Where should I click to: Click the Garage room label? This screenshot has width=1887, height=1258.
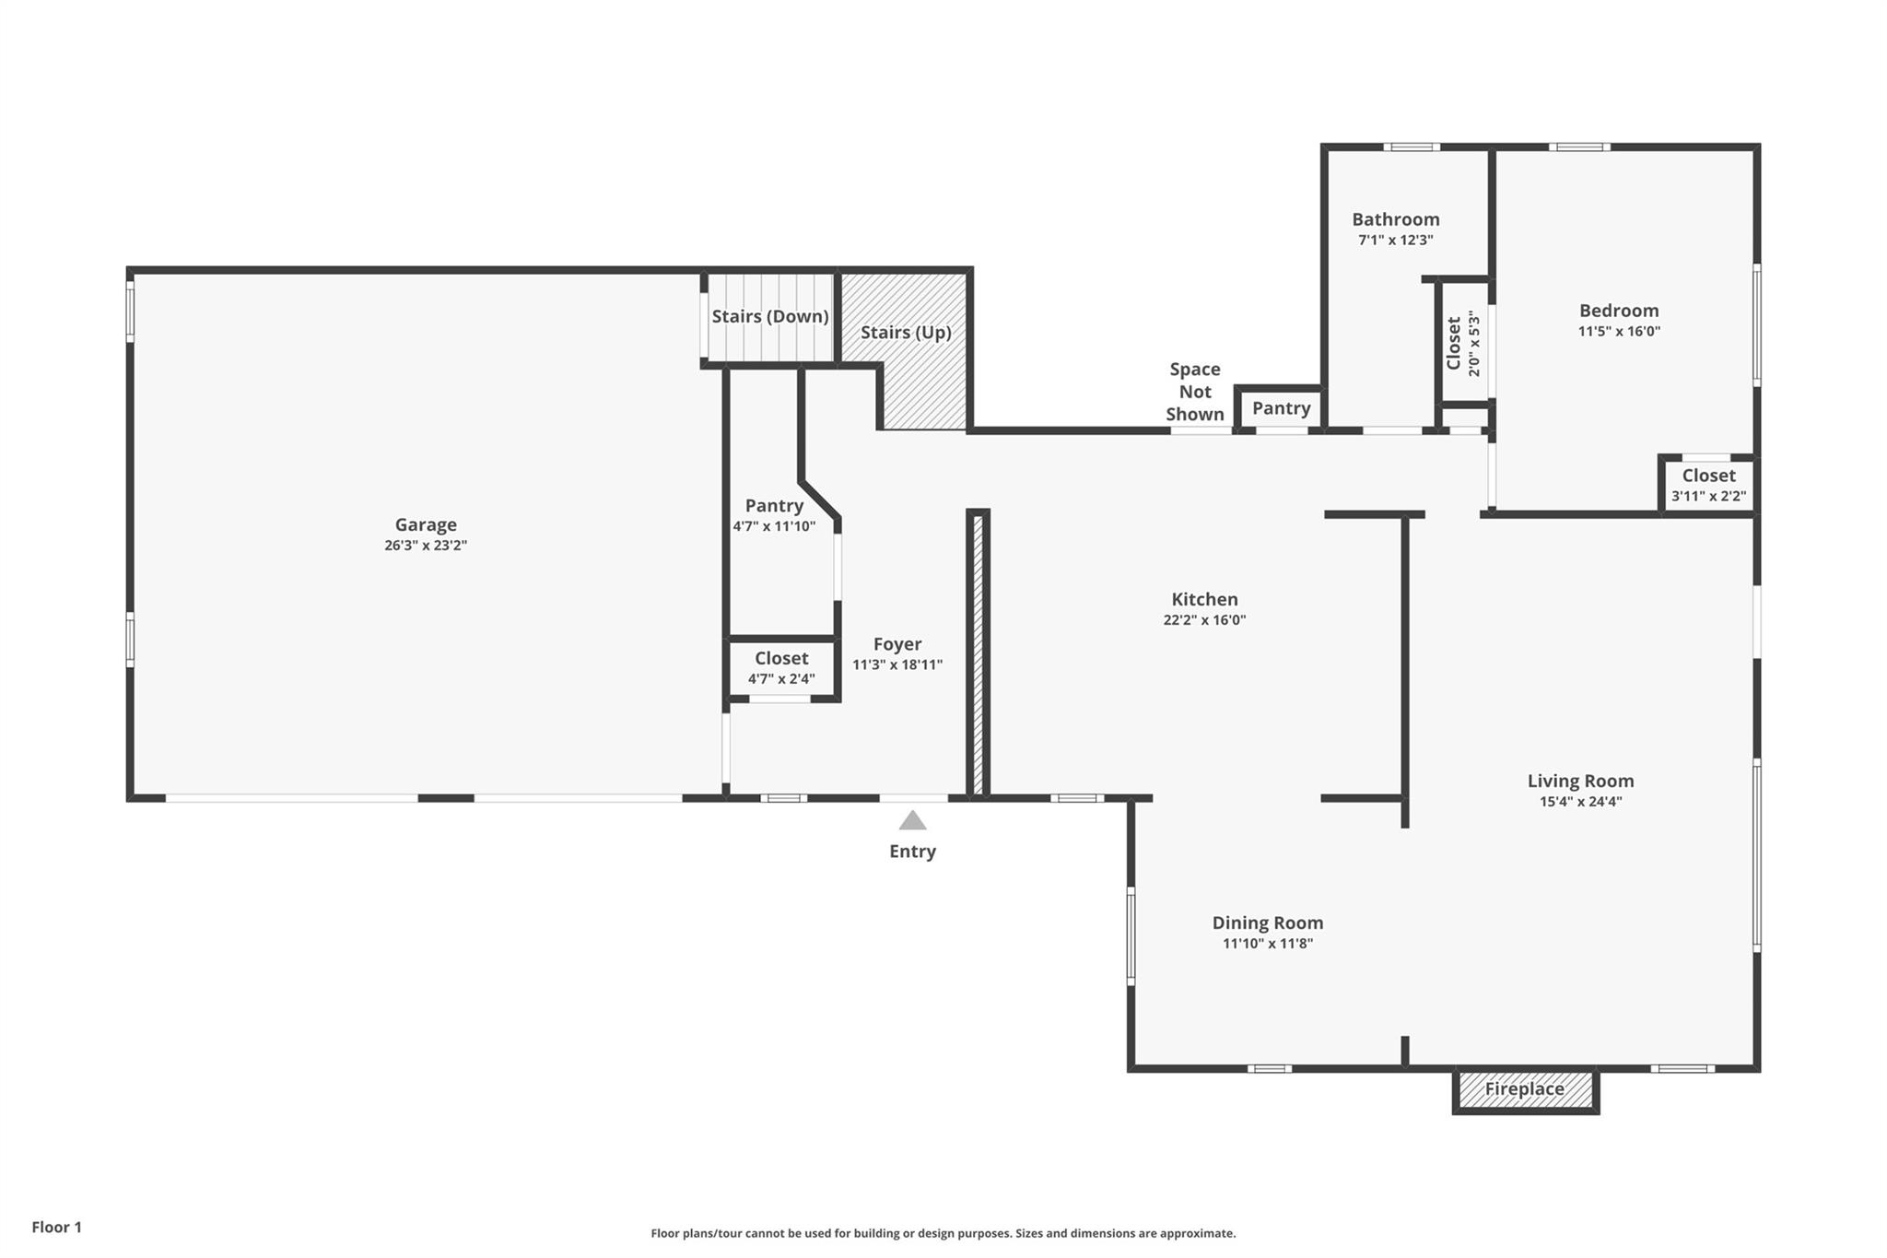click(x=426, y=524)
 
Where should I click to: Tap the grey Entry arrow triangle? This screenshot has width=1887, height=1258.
click(x=912, y=820)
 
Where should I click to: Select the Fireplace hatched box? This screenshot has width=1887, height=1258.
click(x=1525, y=1089)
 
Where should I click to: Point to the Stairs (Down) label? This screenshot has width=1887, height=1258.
click(x=769, y=316)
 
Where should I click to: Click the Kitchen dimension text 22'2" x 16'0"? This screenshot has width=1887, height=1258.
click(x=1204, y=620)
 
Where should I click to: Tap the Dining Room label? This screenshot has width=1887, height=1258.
click(x=1267, y=923)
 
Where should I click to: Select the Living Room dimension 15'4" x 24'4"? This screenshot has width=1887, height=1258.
click(x=1580, y=802)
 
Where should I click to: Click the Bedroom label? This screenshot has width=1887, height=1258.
click(x=1619, y=311)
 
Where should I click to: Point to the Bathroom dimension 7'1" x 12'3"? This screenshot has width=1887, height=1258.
click(x=1395, y=241)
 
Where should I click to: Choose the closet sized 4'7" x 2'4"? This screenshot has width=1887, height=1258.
click(x=781, y=668)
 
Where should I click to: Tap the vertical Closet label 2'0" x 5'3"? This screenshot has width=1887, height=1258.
click(x=1462, y=344)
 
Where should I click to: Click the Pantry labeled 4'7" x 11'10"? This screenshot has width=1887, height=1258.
click(x=774, y=514)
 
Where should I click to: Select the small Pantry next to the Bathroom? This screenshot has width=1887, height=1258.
click(x=1281, y=408)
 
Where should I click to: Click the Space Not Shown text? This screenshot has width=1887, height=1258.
click(x=1195, y=392)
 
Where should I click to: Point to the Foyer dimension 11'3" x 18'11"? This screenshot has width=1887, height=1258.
click(x=897, y=664)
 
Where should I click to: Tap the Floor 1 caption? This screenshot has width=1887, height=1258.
click(x=57, y=1227)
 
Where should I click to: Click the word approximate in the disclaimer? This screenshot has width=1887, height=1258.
click(x=1197, y=1233)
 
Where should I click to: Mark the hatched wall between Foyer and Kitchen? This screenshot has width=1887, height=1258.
click(x=979, y=654)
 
